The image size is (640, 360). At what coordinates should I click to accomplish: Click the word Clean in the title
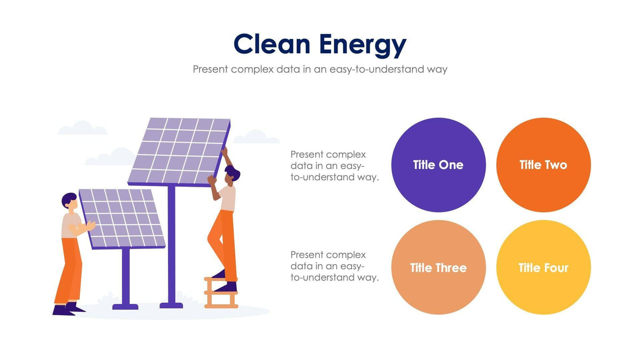tap(272, 45)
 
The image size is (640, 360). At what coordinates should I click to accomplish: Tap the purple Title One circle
tap(438, 165)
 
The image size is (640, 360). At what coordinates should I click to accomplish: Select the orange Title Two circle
tap(543, 165)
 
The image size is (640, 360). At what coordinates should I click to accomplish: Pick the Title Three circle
tap(438, 268)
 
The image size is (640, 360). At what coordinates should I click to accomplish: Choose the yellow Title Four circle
tap(543, 268)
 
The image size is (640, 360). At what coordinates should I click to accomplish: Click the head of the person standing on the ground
tap(69, 201)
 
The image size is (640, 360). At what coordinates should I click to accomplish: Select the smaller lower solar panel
tap(122, 217)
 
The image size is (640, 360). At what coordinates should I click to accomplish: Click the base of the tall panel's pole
tap(171, 305)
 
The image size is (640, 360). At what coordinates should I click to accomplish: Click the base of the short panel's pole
tap(126, 306)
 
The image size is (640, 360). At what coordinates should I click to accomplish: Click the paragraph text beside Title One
tap(334, 166)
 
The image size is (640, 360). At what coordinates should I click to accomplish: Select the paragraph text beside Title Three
tap(334, 266)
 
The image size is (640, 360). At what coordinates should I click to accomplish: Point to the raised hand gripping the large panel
tap(225, 151)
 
